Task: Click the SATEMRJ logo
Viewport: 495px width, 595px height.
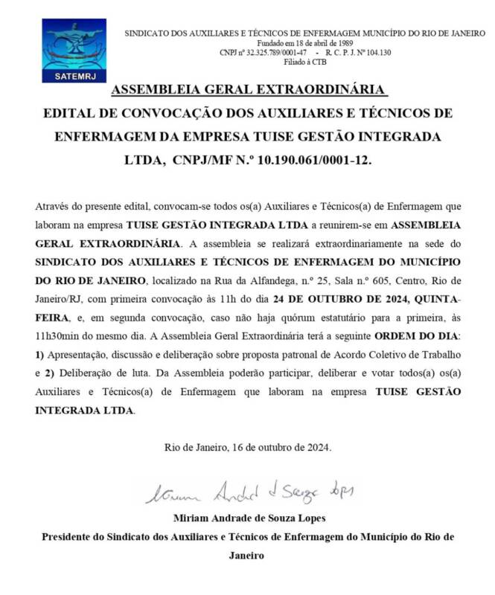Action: tap(74, 50)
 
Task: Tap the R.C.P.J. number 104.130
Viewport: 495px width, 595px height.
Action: tap(375, 53)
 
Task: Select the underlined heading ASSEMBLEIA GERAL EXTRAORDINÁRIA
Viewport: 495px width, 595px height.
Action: tap(249, 91)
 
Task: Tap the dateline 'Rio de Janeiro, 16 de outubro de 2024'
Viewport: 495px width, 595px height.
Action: tap(248, 447)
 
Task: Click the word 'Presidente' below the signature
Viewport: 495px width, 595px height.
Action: tap(70, 536)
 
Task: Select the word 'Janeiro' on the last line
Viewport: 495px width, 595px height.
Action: tap(246, 555)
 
